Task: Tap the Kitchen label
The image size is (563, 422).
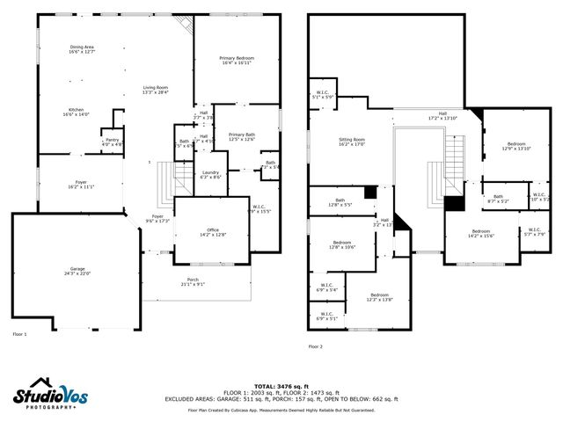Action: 76,112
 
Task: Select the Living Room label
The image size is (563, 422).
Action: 156,91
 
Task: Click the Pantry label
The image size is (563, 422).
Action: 112,142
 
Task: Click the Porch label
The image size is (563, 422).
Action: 193,281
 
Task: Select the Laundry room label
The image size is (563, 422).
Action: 210,174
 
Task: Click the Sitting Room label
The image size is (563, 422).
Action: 352,142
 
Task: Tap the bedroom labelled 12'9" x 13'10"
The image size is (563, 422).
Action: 517,147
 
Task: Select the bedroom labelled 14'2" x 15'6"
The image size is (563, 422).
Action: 481,234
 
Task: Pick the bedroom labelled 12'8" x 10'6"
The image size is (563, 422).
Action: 342,244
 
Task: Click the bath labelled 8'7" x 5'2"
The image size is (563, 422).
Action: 498,199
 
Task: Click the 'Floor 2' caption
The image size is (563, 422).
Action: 315,347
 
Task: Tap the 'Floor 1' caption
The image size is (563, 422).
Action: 19,334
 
